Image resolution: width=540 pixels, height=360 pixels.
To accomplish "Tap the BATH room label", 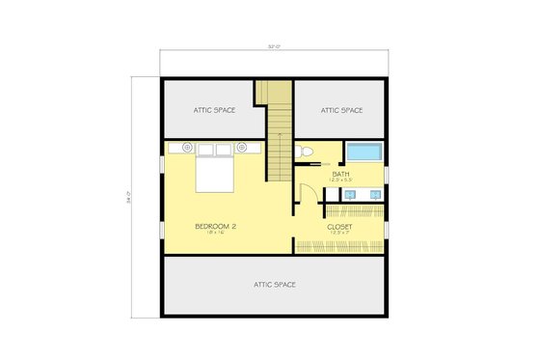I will point(340,174).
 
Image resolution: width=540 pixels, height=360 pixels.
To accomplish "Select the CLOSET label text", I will point(340,227).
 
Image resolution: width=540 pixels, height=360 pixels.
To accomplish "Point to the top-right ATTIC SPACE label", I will point(341,110).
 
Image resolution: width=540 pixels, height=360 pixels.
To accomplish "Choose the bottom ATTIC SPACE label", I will point(274,285).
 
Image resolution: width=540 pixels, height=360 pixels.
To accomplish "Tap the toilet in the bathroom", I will point(305,152).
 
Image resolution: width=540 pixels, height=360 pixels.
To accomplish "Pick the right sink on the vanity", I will point(370,195).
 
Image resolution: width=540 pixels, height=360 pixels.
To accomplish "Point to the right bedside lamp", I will point(242,148).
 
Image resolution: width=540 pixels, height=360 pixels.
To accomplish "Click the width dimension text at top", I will point(274,44).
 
